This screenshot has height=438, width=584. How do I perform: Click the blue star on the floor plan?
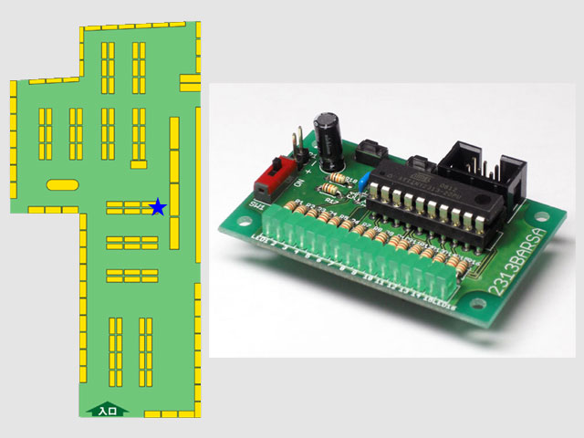(158, 207)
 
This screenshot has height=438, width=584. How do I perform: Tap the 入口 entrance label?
(107, 412)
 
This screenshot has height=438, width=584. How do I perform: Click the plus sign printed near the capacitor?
(313, 169)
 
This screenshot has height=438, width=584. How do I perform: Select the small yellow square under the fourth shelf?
(138, 163)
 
